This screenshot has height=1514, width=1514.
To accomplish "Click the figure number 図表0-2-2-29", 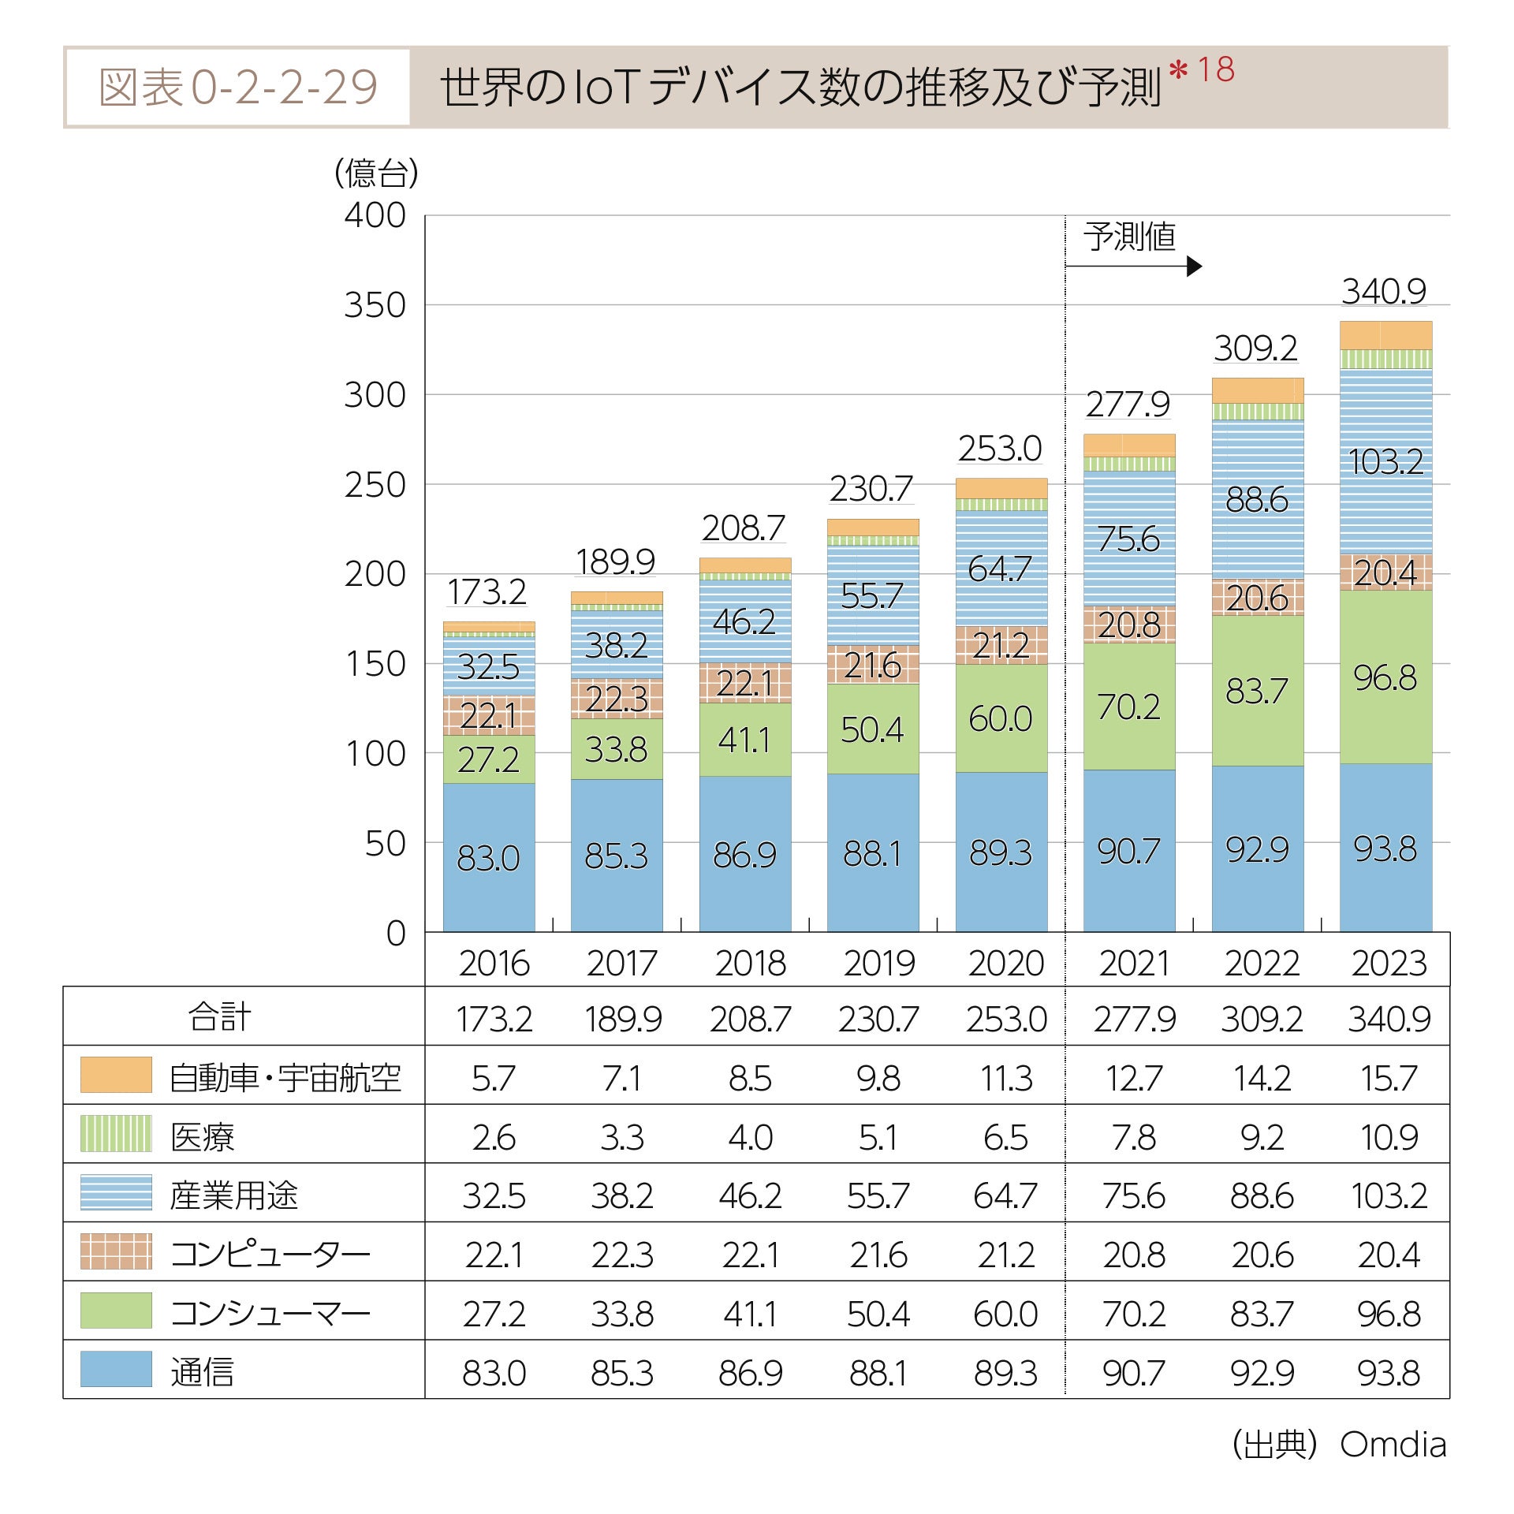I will click(x=237, y=87).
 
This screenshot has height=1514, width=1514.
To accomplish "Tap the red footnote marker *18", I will click(x=1202, y=70).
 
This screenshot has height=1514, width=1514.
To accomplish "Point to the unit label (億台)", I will click(x=376, y=173).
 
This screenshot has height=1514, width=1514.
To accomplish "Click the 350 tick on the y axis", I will click(x=375, y=305).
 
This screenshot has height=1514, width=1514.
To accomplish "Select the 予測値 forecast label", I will click(x=1129, y=237).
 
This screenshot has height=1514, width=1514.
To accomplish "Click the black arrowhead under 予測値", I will click(x=1194, y=267).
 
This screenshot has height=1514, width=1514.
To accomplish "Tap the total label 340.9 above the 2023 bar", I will click(x=1384, y=292).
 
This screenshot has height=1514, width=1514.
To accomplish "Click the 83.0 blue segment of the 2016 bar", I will click(x=488, y=857).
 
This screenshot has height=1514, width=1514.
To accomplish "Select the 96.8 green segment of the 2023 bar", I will click(x=1385, y=677).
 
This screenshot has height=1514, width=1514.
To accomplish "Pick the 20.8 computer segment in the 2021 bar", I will click(x=1129, y=625).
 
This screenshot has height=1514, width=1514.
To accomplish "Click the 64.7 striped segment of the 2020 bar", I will click(x=1000, y=569).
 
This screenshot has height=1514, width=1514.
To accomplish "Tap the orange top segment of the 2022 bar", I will click(x=1257, y=390).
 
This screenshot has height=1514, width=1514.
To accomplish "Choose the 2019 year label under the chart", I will click(x=878, y=963).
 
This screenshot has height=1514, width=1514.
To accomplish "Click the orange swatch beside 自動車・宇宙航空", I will click(x=116, y=1075).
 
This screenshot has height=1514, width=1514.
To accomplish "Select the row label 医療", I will click(x=203, y=1136).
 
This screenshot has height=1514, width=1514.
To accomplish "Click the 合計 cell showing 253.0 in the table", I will click(x=1006, y=1019).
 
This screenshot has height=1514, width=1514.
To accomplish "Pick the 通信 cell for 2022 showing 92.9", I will click(x=1262, y=1373).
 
